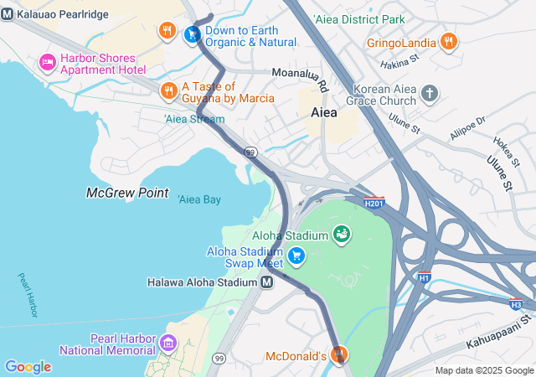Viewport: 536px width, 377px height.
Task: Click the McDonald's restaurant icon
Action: pos(338,356)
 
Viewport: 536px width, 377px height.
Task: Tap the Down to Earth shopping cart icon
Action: pos(193,34)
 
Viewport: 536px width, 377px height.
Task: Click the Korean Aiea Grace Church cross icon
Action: pos(430,92)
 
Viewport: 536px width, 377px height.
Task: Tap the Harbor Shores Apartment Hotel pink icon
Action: pos(47,63)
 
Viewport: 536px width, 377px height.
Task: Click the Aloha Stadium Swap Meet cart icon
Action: pos(296,256)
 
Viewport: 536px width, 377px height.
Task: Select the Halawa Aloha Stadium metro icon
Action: pos(266,282)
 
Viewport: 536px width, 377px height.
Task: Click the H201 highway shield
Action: pos(374,203)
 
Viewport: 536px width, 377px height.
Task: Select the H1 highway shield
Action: pos(425,277)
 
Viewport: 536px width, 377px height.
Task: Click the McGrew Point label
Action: pos(127,193)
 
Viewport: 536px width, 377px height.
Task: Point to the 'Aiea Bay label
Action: pos(198,199)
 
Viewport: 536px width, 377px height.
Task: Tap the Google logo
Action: pos(28,367)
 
